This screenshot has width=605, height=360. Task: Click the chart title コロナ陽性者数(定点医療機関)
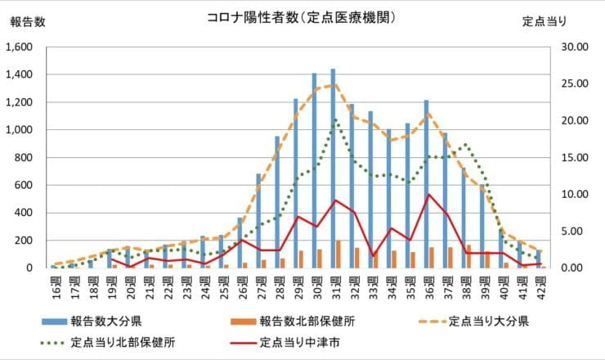pos(302,17)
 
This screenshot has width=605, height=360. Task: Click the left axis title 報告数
pos(28,22)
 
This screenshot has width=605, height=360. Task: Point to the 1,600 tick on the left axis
pos(19,47)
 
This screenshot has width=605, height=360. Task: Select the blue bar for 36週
pos(426,184)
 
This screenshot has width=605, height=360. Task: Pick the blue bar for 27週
pos(258,221)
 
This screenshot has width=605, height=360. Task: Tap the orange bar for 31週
pos(338,254)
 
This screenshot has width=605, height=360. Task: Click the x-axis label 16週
pos(54,283)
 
